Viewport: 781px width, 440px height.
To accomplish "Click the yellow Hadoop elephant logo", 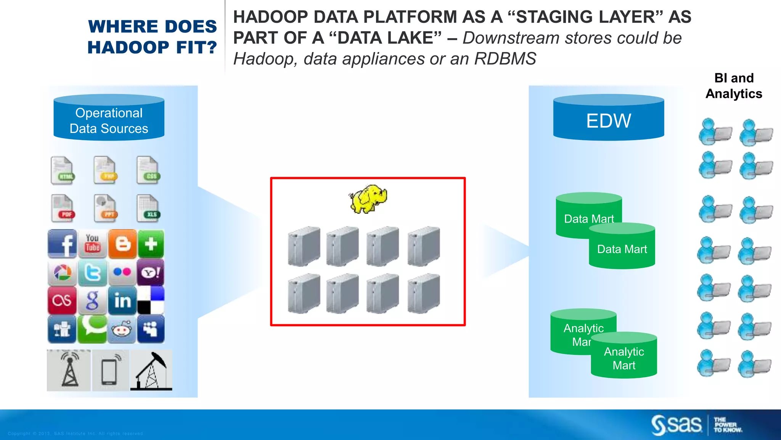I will tap(368, 199).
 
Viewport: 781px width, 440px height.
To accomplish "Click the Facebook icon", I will tap(63, 244).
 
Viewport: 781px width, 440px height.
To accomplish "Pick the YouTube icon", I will tap(92, 244).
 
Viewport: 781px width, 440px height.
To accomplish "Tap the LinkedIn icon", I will tap(122, 301).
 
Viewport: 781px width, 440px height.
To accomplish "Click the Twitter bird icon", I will tap(92, 273).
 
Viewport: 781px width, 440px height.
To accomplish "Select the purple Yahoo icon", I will tap(151, 272).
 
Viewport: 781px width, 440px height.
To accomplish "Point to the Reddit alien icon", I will tap(122, 329).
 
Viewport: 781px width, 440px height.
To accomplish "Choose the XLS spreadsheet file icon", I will tap(148, 208).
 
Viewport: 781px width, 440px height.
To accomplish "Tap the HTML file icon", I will tap(63, 170).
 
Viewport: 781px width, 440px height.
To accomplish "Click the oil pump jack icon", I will tap(151, 370).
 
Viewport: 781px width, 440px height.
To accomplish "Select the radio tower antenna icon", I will tap(69, 370).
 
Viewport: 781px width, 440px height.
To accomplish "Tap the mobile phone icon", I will tap(110, 370).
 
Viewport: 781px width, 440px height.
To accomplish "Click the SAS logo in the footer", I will tap(677, 425).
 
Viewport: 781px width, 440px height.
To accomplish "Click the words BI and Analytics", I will tap(734, 86).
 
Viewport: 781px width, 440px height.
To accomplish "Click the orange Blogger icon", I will tap(122, 244).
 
